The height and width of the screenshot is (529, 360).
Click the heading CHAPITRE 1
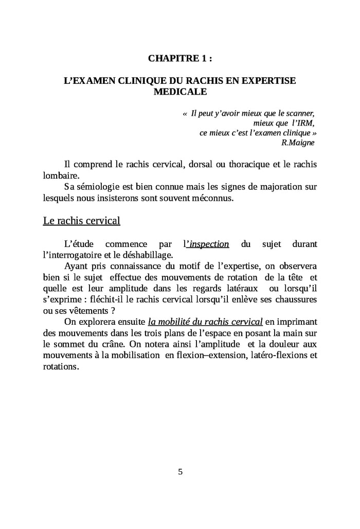(180, 59)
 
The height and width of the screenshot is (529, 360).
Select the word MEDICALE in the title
(180, 92)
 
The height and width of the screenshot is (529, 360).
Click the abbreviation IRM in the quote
(303, 123)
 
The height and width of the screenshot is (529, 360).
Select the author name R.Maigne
(298, 143)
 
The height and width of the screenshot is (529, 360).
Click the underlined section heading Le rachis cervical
(81, 221)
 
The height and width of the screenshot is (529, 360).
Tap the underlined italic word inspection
(208, 244)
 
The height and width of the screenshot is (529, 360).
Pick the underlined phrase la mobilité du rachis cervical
(205, 322)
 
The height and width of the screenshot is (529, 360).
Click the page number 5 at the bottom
(180, 472)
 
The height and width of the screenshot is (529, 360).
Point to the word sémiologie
(98, 186)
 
